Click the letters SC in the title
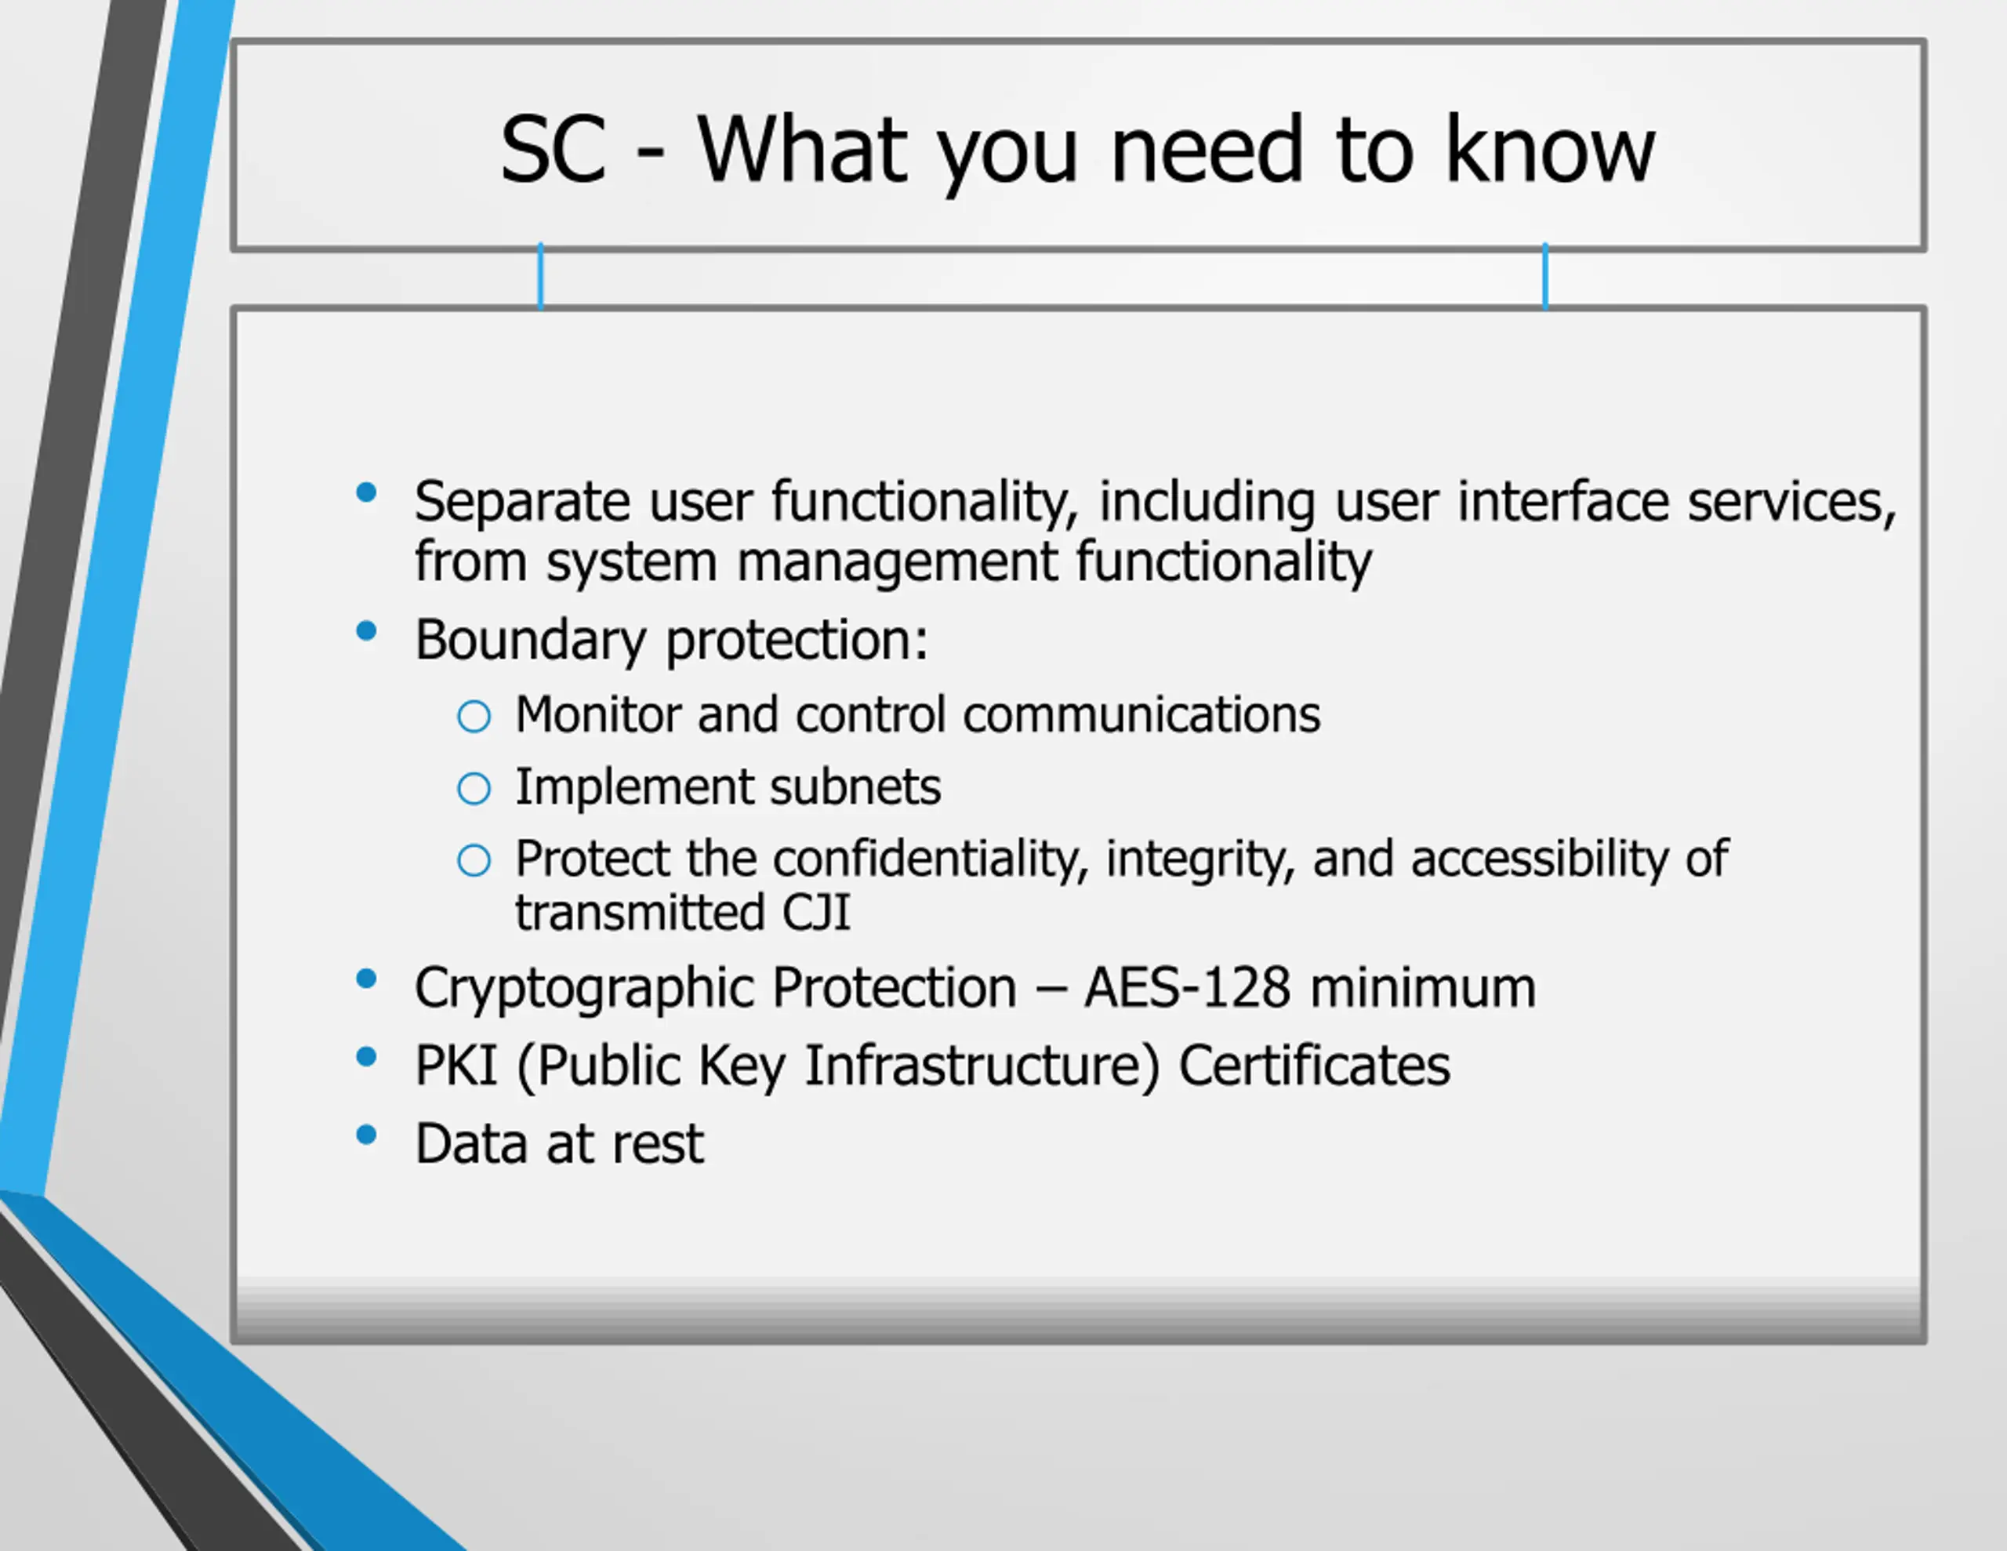(553, 148)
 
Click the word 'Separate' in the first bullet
(522, 502)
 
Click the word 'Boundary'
(530, 640)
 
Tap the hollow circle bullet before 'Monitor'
(474, 716)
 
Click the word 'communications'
(1141, 714)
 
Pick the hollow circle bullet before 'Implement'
(474, 788)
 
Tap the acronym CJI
(815, 913)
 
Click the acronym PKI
(455, 1066)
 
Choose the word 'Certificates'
(1314, 1066)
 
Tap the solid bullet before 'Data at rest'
(367, 1135)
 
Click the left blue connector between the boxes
(540, 276)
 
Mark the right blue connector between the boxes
(1546, 276)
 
